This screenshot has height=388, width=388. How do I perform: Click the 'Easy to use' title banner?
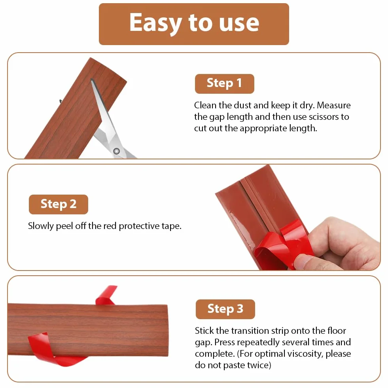point(194,24)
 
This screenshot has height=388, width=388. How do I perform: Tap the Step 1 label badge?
point(224,83)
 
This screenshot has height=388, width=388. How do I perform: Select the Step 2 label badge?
point(59,204)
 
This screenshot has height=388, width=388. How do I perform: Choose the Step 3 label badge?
point(225,309)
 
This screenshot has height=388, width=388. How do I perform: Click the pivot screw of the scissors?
point(116,151)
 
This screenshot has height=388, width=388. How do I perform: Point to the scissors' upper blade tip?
point(92,79)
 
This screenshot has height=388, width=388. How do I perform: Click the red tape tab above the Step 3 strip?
point(106,295)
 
